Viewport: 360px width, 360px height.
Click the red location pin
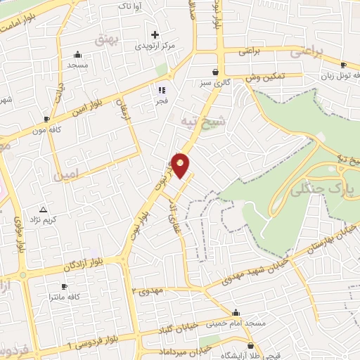click(x=181, y=165)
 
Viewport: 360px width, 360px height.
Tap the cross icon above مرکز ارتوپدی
click(x=155, y=34)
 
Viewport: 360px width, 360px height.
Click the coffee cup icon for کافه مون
click(x=46, y=119)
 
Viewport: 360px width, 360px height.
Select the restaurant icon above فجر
click(x=162, y=90)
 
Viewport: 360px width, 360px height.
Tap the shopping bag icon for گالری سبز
click(x=215, y=72)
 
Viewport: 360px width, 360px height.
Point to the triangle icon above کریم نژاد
click(x=44, y=209)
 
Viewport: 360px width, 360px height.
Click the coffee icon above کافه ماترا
click(x=63, y=286)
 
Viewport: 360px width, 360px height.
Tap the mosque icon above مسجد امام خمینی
click(x=235, y=313)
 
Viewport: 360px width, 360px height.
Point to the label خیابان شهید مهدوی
click(x=254, y=269)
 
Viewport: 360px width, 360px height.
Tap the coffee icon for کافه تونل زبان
click(x=343, y=65)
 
